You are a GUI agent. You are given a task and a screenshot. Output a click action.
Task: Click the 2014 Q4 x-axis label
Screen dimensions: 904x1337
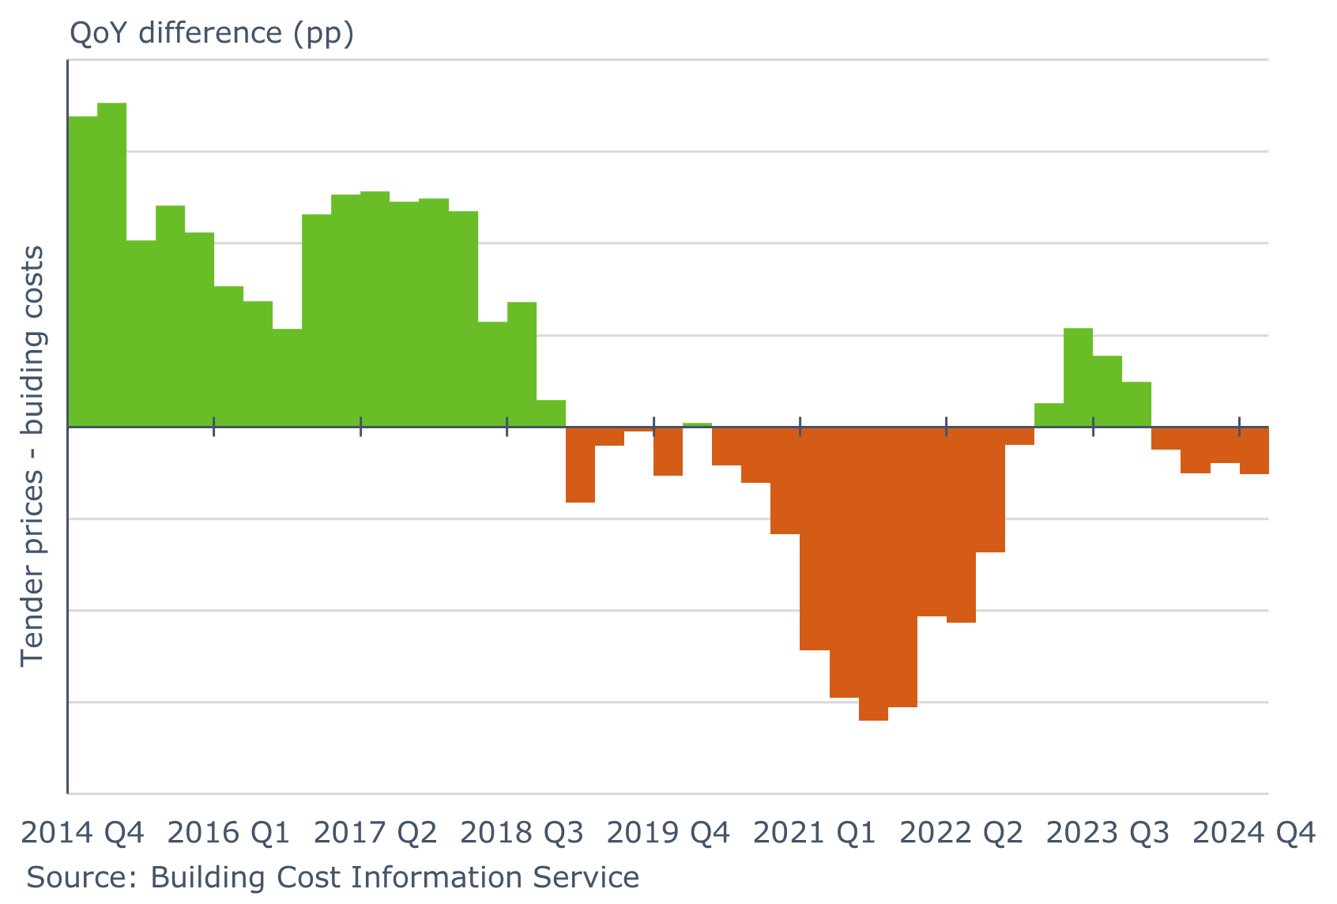point(83,833)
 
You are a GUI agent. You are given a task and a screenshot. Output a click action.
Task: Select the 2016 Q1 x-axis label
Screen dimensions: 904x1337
point(229,833)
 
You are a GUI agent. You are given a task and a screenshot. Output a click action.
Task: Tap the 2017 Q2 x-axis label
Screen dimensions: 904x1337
point(375,833)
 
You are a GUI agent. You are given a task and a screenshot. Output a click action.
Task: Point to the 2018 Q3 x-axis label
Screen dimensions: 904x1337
point(522,833)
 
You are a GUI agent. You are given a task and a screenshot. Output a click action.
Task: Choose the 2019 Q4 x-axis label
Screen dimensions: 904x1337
point(668,833)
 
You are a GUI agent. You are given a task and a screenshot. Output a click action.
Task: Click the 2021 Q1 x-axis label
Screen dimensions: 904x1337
point(815,833)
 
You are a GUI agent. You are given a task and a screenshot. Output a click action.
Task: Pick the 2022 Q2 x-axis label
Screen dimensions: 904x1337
point(962,833)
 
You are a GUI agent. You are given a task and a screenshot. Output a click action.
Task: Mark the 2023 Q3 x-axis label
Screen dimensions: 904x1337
point(1108,833)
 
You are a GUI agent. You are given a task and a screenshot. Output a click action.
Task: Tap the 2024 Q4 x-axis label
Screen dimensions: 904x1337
point(1254,833)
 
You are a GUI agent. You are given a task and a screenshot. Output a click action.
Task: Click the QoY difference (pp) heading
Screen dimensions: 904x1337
point(212,33)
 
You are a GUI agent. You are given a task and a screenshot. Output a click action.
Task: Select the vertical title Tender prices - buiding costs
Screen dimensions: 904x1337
point(33,456)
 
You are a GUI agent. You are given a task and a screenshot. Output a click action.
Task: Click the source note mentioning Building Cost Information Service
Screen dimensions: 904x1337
point(333,878)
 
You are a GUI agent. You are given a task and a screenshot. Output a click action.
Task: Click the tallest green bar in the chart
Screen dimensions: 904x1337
point(112,265)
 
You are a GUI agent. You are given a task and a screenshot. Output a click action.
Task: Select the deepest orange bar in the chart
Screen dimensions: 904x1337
point(873,573)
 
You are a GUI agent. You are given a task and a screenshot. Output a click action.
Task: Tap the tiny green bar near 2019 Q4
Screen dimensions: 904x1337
point(697,425)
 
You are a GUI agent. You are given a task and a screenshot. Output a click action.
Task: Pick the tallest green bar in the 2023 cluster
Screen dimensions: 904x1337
point(1079,378)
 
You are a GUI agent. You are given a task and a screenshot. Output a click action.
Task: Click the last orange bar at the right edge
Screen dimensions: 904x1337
point(1254,450)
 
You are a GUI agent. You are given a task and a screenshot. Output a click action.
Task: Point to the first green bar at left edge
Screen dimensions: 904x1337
point(83,271)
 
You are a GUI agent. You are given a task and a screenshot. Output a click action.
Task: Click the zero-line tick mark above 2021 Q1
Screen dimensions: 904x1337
point(800,428)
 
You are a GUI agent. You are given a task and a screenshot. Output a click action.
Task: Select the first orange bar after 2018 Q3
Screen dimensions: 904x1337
point(580,465)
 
